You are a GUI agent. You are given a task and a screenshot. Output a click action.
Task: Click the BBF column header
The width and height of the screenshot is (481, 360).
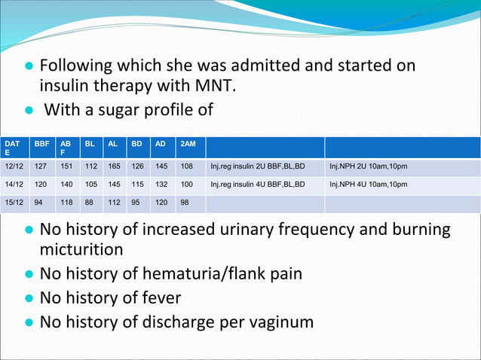click(x=42, y=142)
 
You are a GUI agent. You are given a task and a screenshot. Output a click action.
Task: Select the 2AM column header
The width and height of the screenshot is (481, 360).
click(x=188, y=142)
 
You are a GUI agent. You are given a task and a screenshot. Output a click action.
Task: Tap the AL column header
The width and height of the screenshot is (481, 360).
click(x=113, y=142)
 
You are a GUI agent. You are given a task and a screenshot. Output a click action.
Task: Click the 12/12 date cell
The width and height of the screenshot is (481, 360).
click(x=13, y=166)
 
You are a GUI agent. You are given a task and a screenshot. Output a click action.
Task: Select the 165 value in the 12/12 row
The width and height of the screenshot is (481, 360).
click(x=115, y=166)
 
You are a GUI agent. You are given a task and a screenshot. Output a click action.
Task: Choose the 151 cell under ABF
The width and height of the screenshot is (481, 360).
click(x=66, y=166)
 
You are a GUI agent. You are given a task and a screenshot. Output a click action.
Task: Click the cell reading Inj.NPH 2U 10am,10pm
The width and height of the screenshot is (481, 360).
click(x=369, y=166)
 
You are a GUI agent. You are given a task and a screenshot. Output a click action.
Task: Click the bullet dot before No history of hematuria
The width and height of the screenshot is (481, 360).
click(x=29, y=274)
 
